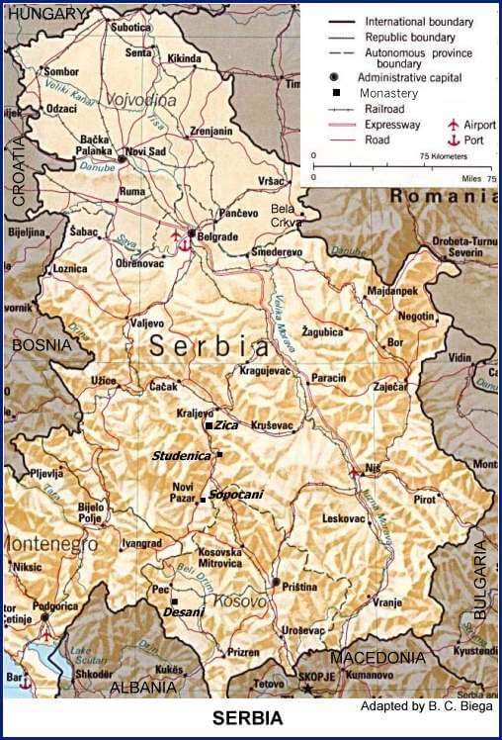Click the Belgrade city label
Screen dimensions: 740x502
click(x=218, y=237)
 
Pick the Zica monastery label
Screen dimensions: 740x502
click(x=227, y=424)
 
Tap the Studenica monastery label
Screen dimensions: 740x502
click(x=181, y=456)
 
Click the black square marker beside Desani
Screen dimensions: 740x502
click(x=174, y=601)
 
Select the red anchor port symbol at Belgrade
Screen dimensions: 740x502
click(x=184, y=243)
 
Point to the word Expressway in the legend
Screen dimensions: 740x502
click(x=392, y=126)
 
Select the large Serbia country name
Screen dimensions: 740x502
click(x=209, y=347)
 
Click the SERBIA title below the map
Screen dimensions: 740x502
click(x=248, y=718)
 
